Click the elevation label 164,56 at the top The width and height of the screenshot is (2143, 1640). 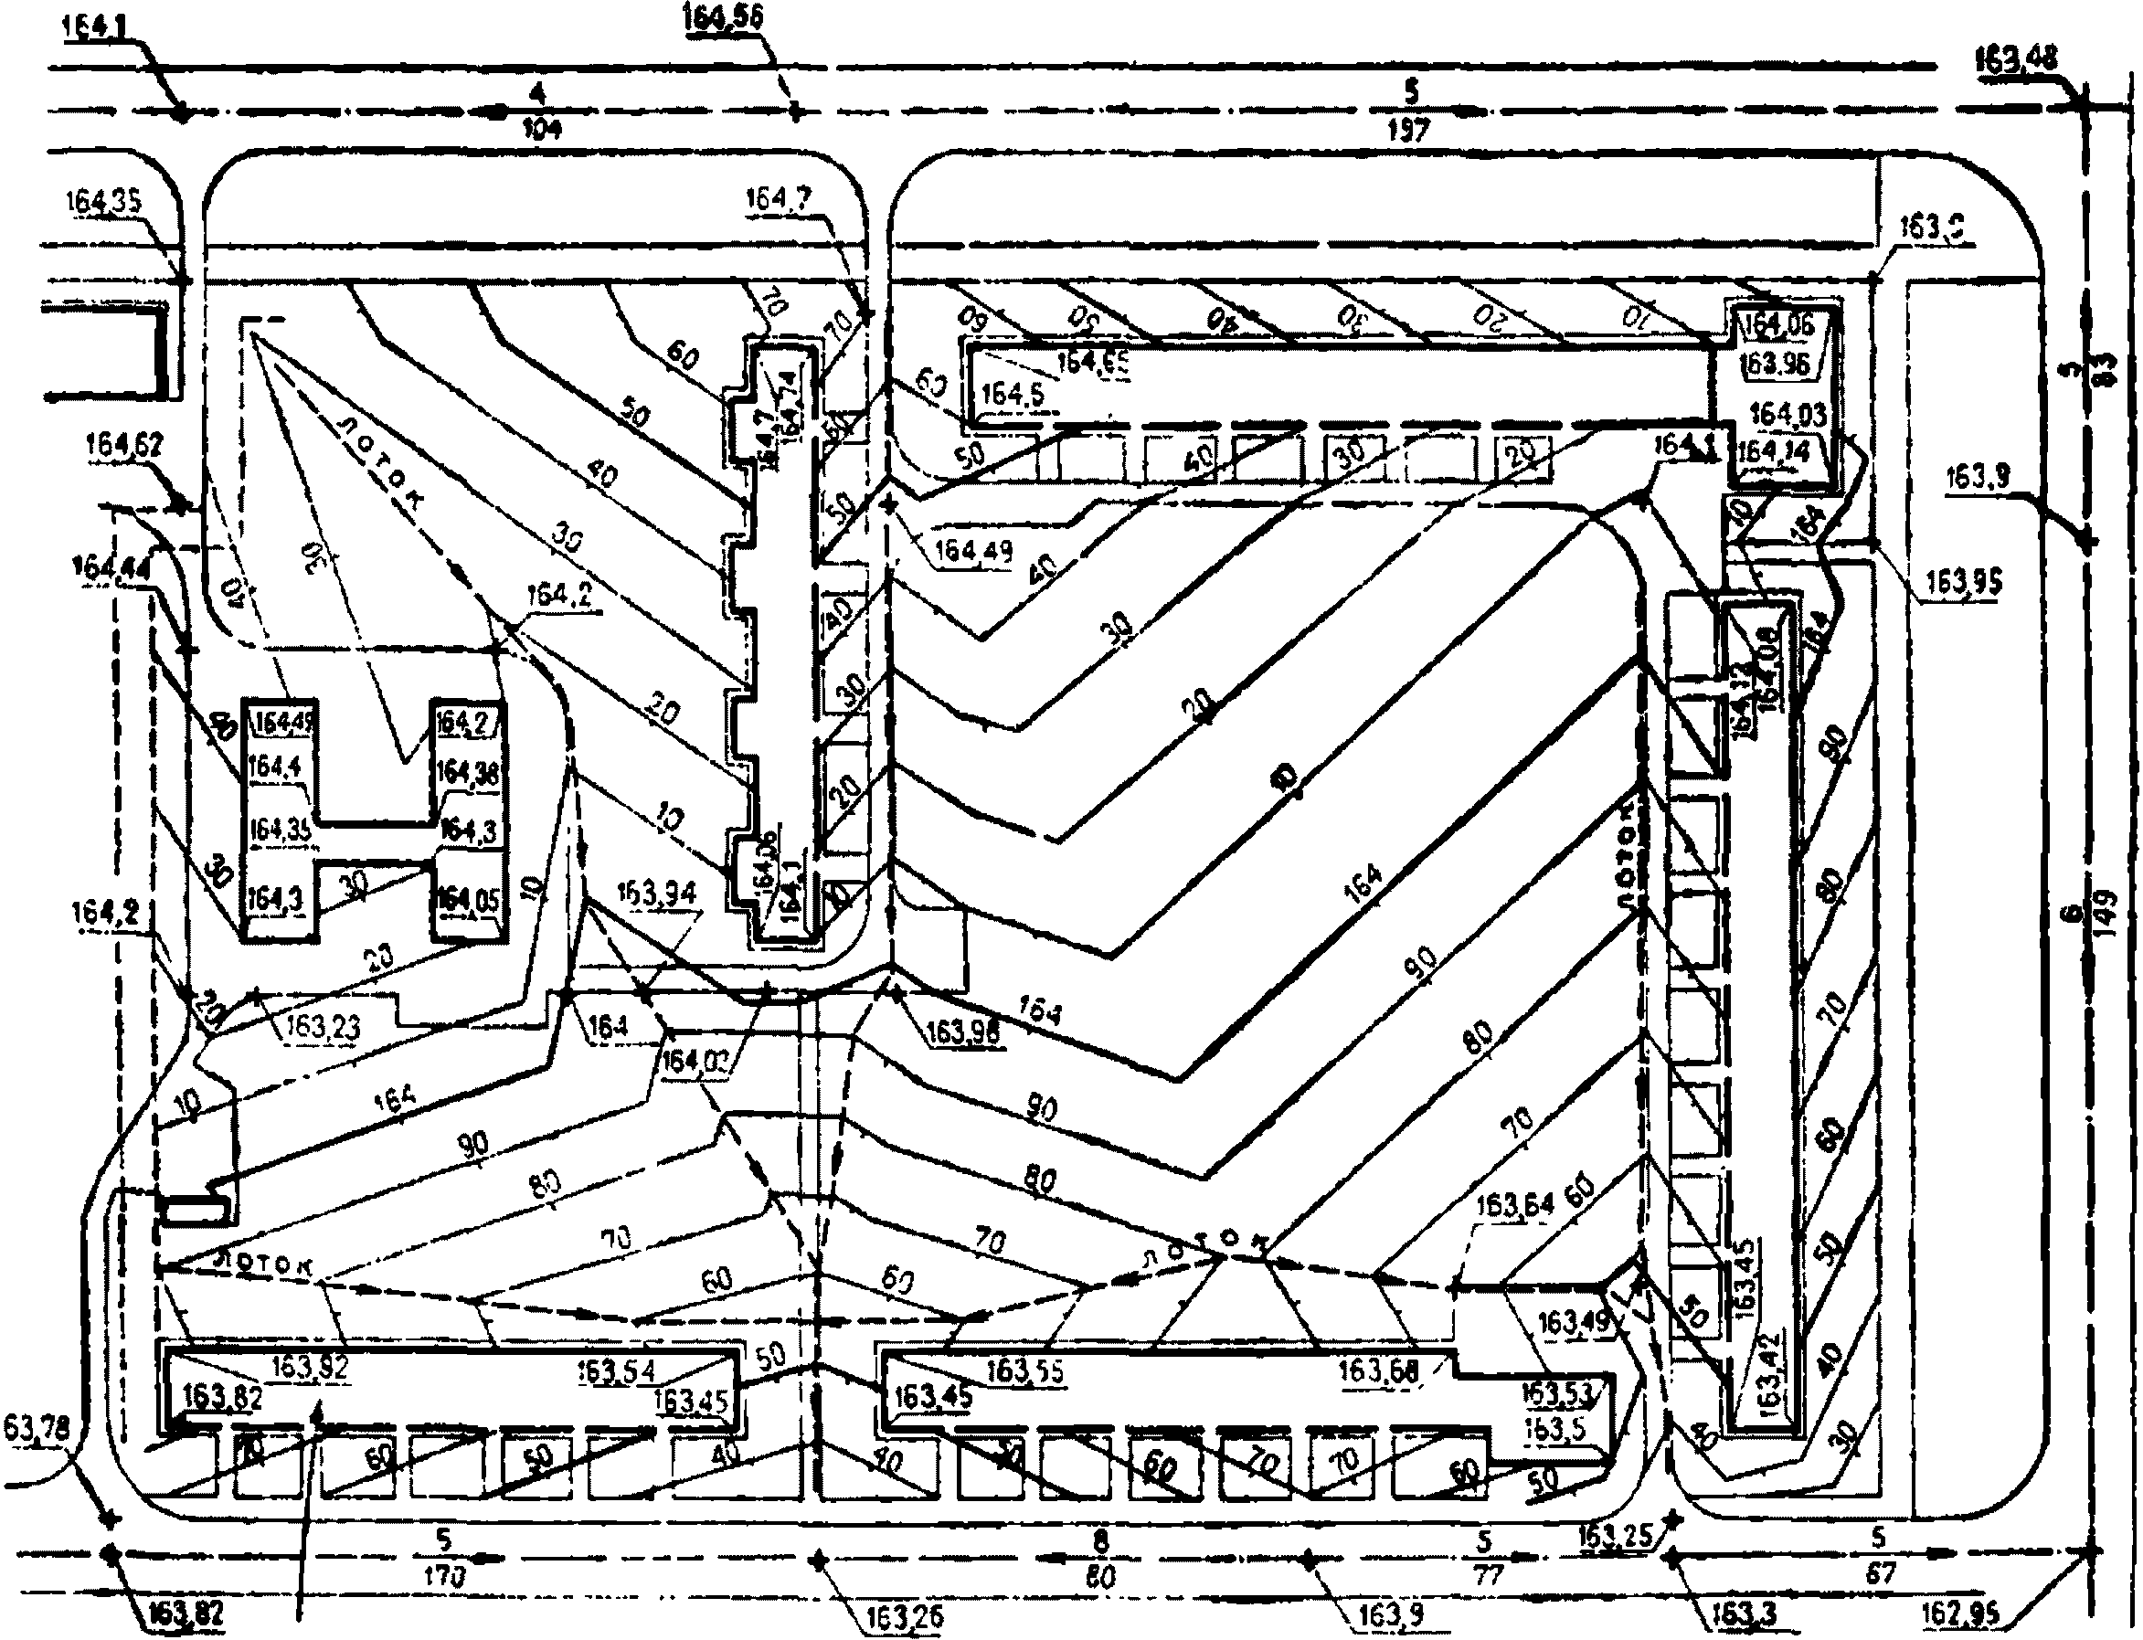[723, 17]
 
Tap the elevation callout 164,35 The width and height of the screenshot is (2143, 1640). [103, 202]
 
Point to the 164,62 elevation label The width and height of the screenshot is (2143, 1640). [124, 445]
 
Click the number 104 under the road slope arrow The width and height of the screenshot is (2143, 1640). [542, 129]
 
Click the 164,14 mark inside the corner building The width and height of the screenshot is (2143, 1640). [1774, 452]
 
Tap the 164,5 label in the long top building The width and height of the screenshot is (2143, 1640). [1013, 395]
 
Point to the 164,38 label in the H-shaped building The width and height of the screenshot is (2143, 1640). [467, 773]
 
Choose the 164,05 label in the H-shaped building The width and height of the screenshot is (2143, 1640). [468, 897]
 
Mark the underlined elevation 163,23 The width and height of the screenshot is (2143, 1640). [324, 1026]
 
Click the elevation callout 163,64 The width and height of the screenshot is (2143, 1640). [1514, 1206]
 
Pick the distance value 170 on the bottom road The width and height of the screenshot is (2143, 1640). [445, 1573]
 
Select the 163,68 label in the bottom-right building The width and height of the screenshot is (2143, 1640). [1377, 1370]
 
